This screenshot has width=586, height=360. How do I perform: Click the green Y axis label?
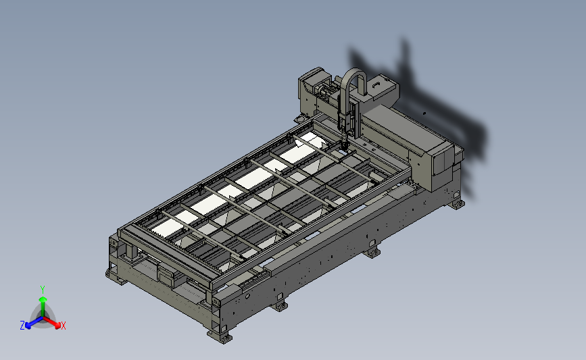click(43, 290)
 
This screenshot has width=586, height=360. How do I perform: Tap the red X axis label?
click(63, 326)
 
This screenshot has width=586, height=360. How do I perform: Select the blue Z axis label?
click(22, 326)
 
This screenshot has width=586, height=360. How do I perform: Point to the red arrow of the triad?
click(52, 322)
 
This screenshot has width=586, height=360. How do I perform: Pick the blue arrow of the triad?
click(34, 323)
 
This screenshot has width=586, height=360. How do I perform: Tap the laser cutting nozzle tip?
click(345, 147)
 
